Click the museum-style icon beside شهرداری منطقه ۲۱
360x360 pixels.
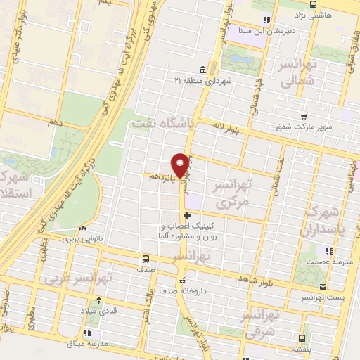pyautogui.click(x=202, y=70)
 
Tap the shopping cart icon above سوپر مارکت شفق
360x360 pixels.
pyautogui.click(x=303, y=117)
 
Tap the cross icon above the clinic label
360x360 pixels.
pyautogui.click(x=186, y=215)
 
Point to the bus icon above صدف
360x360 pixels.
pyautogui.click(x=146, y=258)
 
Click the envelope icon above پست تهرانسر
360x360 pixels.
pyautogui.click(x=323, y=286)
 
